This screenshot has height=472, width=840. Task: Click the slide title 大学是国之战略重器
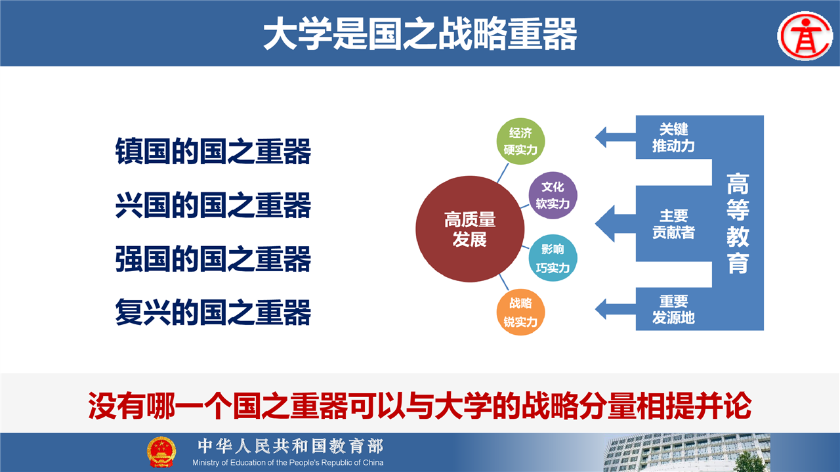click(420, 33)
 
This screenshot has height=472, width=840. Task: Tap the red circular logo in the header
click(805, 36)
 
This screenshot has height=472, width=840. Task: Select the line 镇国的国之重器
click(213, 151)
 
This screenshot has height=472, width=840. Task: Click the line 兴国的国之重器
click(213, 205)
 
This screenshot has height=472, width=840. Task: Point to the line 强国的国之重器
click(213, 259)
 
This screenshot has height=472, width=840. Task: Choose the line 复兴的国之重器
click(213, 312)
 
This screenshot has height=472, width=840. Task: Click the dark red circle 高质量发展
click(470, 229)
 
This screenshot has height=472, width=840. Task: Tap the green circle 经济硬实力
click(520, 141)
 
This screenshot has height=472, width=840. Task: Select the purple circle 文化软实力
click(553, 196)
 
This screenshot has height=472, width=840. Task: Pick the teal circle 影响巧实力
click(553, 258)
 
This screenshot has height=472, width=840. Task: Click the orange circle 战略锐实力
click(520, 312)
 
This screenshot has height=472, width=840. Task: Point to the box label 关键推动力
click(673, 138)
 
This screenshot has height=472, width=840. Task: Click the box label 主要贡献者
click(673, 224)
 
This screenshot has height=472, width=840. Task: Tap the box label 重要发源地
click(673, 310)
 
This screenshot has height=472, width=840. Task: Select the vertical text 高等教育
click(738, 223)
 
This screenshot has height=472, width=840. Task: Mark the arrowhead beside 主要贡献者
click(604, 224)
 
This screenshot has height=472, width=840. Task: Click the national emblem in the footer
click(161, 452)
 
